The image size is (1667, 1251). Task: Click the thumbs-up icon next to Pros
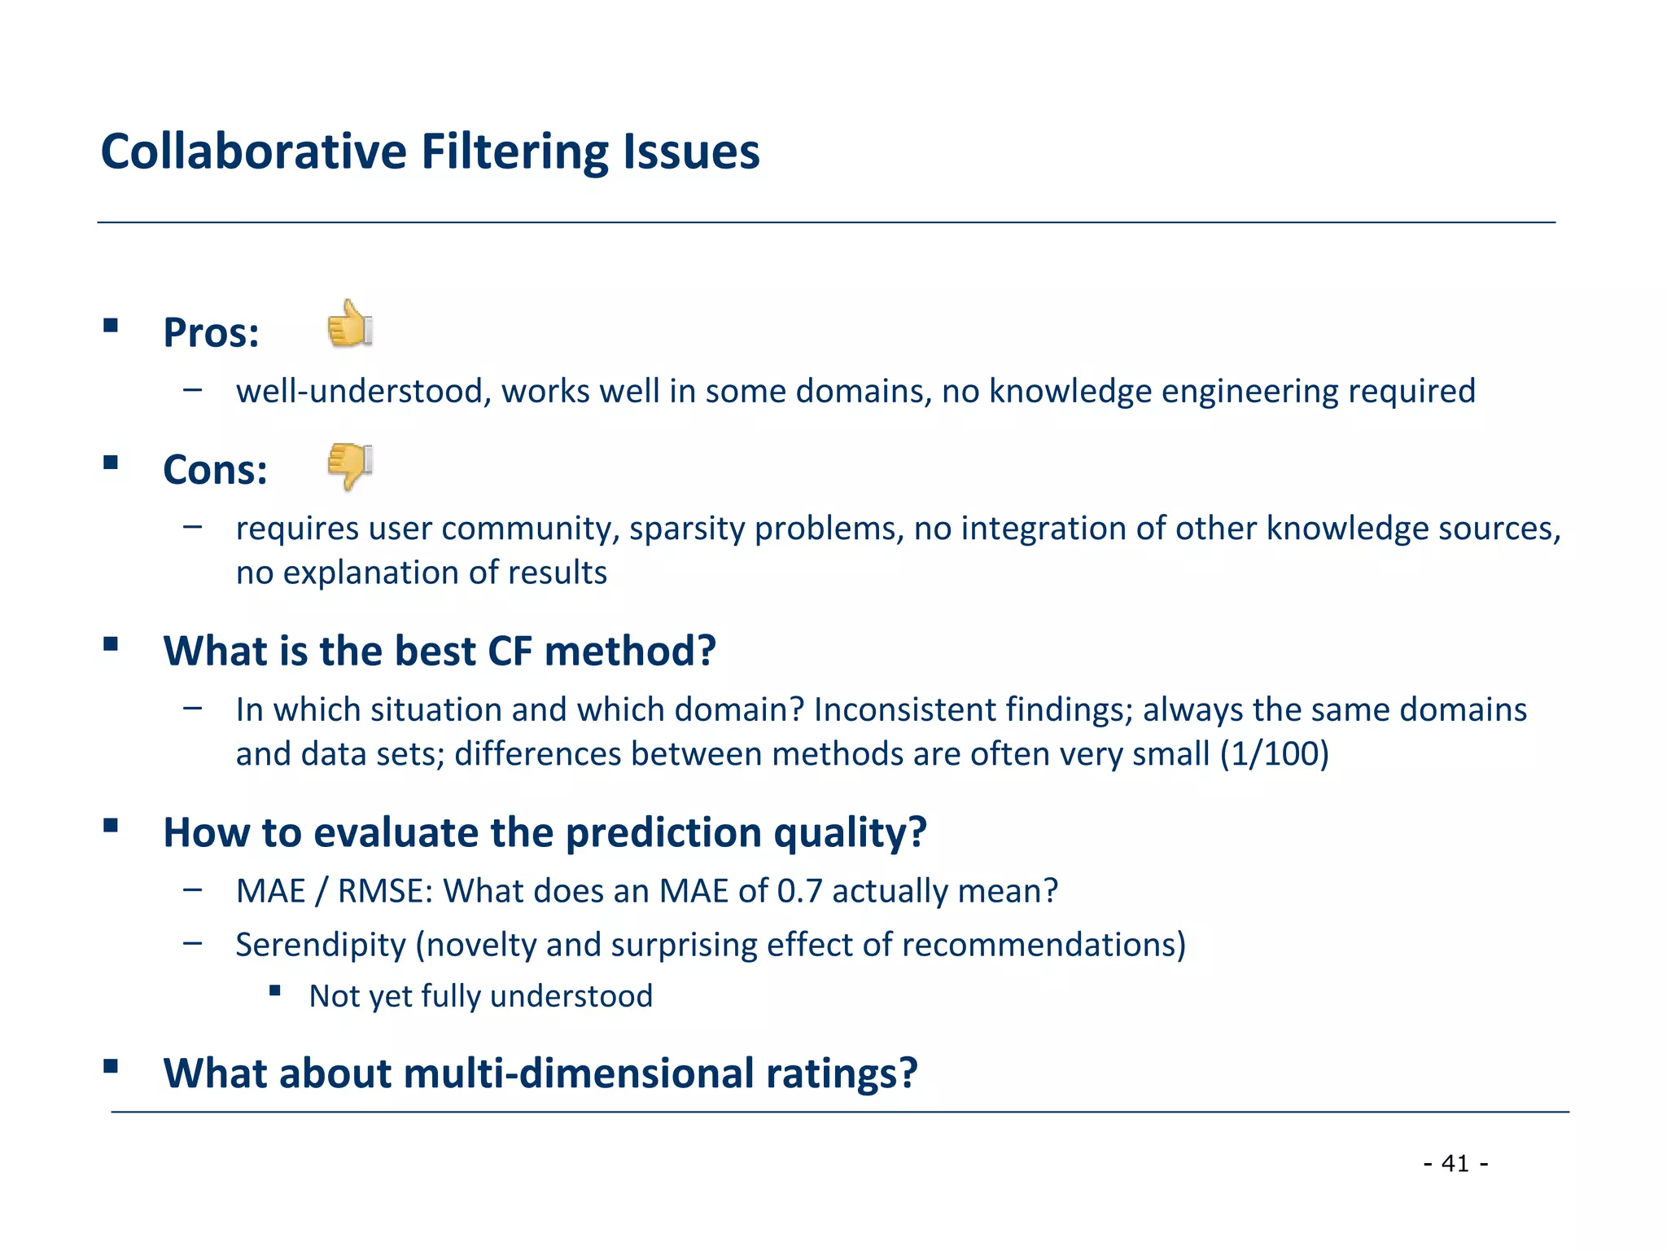tap(350, 324)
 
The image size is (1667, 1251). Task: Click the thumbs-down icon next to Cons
tap(350, 467)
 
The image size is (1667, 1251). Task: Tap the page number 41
tap(1455, 1163)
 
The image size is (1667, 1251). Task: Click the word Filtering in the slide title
tap(514, 152)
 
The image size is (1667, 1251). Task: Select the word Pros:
tap(211, 333)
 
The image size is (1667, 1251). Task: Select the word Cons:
tap(215, 470)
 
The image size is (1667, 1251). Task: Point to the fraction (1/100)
tap(1274, 753)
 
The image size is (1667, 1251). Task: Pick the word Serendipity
tap(321, 945)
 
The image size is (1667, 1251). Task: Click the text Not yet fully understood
tap(480, 996)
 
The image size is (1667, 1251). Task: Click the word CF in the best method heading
tap(510, 652)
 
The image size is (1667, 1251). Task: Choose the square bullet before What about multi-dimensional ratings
tap(112, 1066)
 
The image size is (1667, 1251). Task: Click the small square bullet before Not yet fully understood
tap(275, 991)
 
